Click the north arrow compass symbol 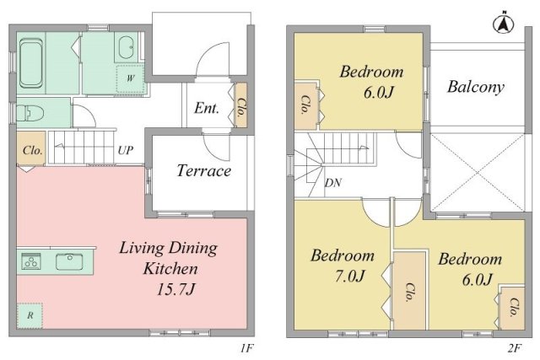coord(504,24)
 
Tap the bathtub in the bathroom coord(31,63)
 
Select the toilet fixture coord(30,112)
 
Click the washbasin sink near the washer coord(127,47)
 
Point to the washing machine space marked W coord(130,78)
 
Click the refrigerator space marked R coord(30,315)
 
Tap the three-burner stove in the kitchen coord(31,261)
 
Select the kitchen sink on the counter coord(69,261)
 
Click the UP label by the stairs coord(125,150)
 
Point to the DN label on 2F coord(333,183)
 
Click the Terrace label coord(203,170)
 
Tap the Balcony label coord(476,86)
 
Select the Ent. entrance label coord(206,108)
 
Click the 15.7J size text coord(175,288)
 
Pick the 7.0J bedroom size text coord(349,276)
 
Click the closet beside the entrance coord(241,105)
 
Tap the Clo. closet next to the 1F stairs coord(31,148)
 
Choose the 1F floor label coord(246,349)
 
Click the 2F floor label coord(513,349)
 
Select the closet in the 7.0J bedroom coord(409,291)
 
